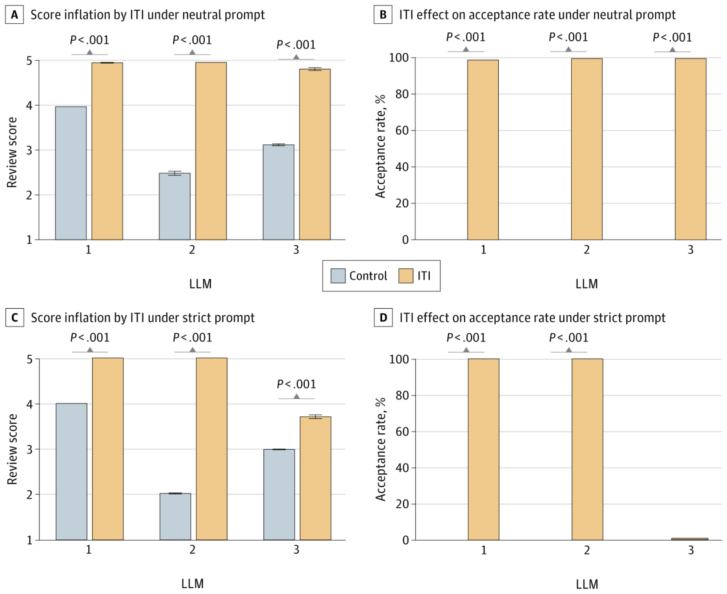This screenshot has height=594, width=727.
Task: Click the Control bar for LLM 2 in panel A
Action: coord(174,206)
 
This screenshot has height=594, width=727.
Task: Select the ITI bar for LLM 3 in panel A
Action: coord(315,154)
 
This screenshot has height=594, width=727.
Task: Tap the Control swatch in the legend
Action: coord(338,276)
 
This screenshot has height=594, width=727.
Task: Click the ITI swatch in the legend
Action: coord(406,276)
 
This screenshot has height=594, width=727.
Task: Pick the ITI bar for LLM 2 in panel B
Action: coord(587,149)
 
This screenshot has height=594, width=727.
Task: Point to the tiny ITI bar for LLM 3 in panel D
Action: coord(690,539)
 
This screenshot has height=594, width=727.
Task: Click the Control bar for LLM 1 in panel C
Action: coord(72,471)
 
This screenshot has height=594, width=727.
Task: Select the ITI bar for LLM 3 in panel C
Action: coord(316,478)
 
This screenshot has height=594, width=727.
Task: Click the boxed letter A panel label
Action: coord(15,15)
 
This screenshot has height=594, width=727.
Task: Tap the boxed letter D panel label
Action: coord(383,318)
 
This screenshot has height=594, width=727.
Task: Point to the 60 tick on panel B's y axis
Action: coord(402,131)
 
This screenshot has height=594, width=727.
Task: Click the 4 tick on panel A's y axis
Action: coord(29,105)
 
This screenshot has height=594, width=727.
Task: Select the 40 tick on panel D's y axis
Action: coord(402,468)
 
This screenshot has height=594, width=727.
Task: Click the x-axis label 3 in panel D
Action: coord(691,550)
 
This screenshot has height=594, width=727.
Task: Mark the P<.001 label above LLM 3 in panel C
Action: coord(297,384)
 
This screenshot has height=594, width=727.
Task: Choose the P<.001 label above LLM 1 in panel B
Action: coord(466,37)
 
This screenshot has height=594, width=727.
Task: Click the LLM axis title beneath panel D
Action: coord(587,584)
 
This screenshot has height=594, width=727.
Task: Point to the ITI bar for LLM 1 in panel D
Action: coord(483,449)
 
